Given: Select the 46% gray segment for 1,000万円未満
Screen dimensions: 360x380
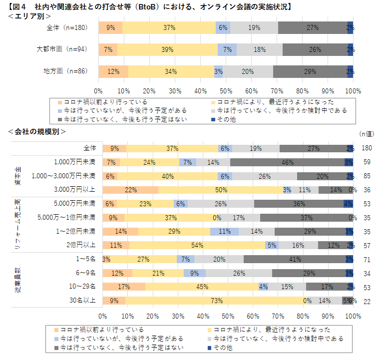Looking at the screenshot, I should [x=287, y=162].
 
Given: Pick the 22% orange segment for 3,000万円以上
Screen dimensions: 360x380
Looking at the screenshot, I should [x=131, y=190].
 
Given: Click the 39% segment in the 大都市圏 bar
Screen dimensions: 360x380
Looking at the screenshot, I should [x=167, y=49].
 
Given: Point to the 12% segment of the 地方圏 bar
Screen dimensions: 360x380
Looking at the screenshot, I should [x=113, y=71].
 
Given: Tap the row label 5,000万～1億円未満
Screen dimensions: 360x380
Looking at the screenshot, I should [x=66, y=217].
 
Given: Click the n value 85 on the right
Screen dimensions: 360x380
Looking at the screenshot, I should [x=367, y=176].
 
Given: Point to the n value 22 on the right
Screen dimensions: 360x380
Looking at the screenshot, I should [x=367, y=301].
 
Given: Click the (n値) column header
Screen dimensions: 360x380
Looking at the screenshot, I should [x=366, y=133].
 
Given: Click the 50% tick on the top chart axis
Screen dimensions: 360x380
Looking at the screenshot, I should [x=226, y=91].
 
